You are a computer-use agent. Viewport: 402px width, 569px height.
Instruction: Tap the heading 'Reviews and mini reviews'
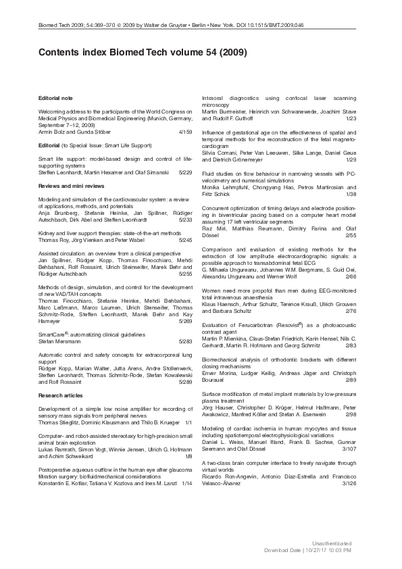(x=68, y=185)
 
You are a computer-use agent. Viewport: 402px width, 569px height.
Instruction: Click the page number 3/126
(x=349, y=484)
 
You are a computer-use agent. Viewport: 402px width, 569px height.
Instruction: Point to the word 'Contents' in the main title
(x=61, y=51)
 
